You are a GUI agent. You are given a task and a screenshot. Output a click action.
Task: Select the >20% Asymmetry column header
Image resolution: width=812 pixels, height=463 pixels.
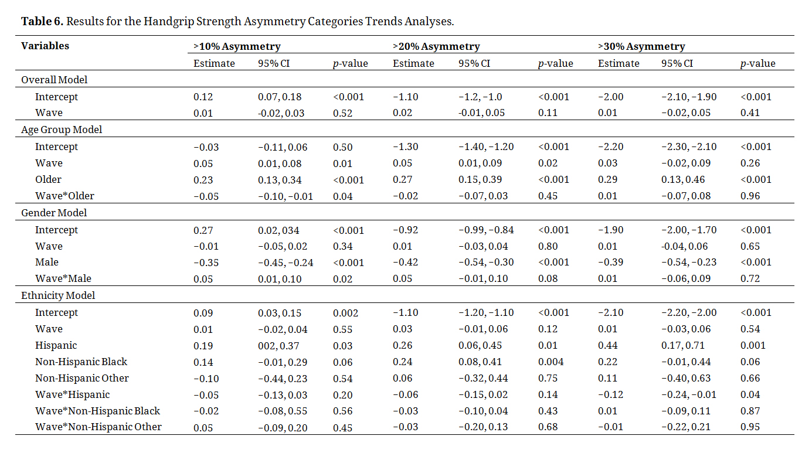436,46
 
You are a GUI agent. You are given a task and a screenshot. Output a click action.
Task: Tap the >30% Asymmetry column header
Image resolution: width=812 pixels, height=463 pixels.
641,46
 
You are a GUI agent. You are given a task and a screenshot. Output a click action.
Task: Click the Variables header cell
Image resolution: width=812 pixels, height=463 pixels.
45,46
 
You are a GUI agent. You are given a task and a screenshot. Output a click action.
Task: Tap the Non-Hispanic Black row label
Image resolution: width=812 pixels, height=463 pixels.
81,362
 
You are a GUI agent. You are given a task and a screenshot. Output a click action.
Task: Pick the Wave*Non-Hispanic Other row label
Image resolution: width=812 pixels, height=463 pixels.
98,427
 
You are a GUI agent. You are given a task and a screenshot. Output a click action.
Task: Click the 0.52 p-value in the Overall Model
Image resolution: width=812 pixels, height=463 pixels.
342,113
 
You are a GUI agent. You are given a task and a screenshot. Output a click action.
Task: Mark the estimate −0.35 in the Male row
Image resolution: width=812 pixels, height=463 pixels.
206,263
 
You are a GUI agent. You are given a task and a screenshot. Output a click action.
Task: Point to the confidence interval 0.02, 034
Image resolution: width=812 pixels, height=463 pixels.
278,230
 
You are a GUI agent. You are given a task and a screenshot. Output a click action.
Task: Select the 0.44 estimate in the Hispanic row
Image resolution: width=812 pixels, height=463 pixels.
607,346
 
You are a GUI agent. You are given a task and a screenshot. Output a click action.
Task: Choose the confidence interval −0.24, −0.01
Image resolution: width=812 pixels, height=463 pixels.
689,394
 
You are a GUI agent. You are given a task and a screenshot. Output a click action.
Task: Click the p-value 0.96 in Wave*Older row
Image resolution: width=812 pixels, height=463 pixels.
750,196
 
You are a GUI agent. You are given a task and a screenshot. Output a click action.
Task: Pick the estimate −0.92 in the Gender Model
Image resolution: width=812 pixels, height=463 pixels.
404,230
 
